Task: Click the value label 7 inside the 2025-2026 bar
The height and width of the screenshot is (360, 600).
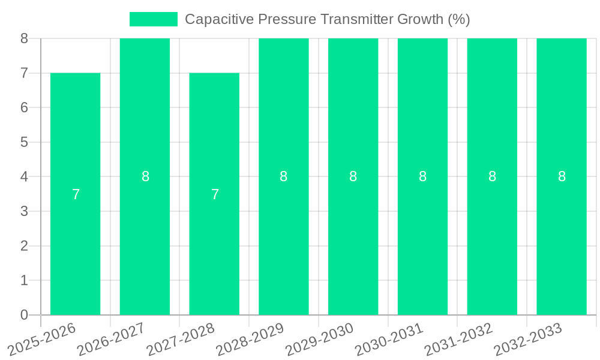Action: (x=76, y=194)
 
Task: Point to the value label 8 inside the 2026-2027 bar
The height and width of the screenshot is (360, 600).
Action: (x=145, y=176)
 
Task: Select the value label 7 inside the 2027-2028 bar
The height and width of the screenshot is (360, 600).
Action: (x=215, y=194)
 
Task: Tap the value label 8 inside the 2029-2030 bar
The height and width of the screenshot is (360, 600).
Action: (x=353, y=176)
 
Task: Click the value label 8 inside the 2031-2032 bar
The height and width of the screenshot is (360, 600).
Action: (x=492, y=176)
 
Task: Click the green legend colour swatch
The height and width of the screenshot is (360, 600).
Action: (x=154, y=19)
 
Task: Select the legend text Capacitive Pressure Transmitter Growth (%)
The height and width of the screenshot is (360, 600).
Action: (x=327, y=19)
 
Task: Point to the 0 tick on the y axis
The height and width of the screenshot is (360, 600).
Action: (x=24, y=315)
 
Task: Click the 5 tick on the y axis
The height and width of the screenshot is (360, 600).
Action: (x=24, y=142)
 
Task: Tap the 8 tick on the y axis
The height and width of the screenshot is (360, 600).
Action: (x=24, y=38)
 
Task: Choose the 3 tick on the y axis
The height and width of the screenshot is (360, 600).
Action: (x=24, y=211)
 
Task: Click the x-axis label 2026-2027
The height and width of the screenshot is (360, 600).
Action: (x=110, y=339)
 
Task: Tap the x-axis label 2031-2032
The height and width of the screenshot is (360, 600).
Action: (x=458, y=339)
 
